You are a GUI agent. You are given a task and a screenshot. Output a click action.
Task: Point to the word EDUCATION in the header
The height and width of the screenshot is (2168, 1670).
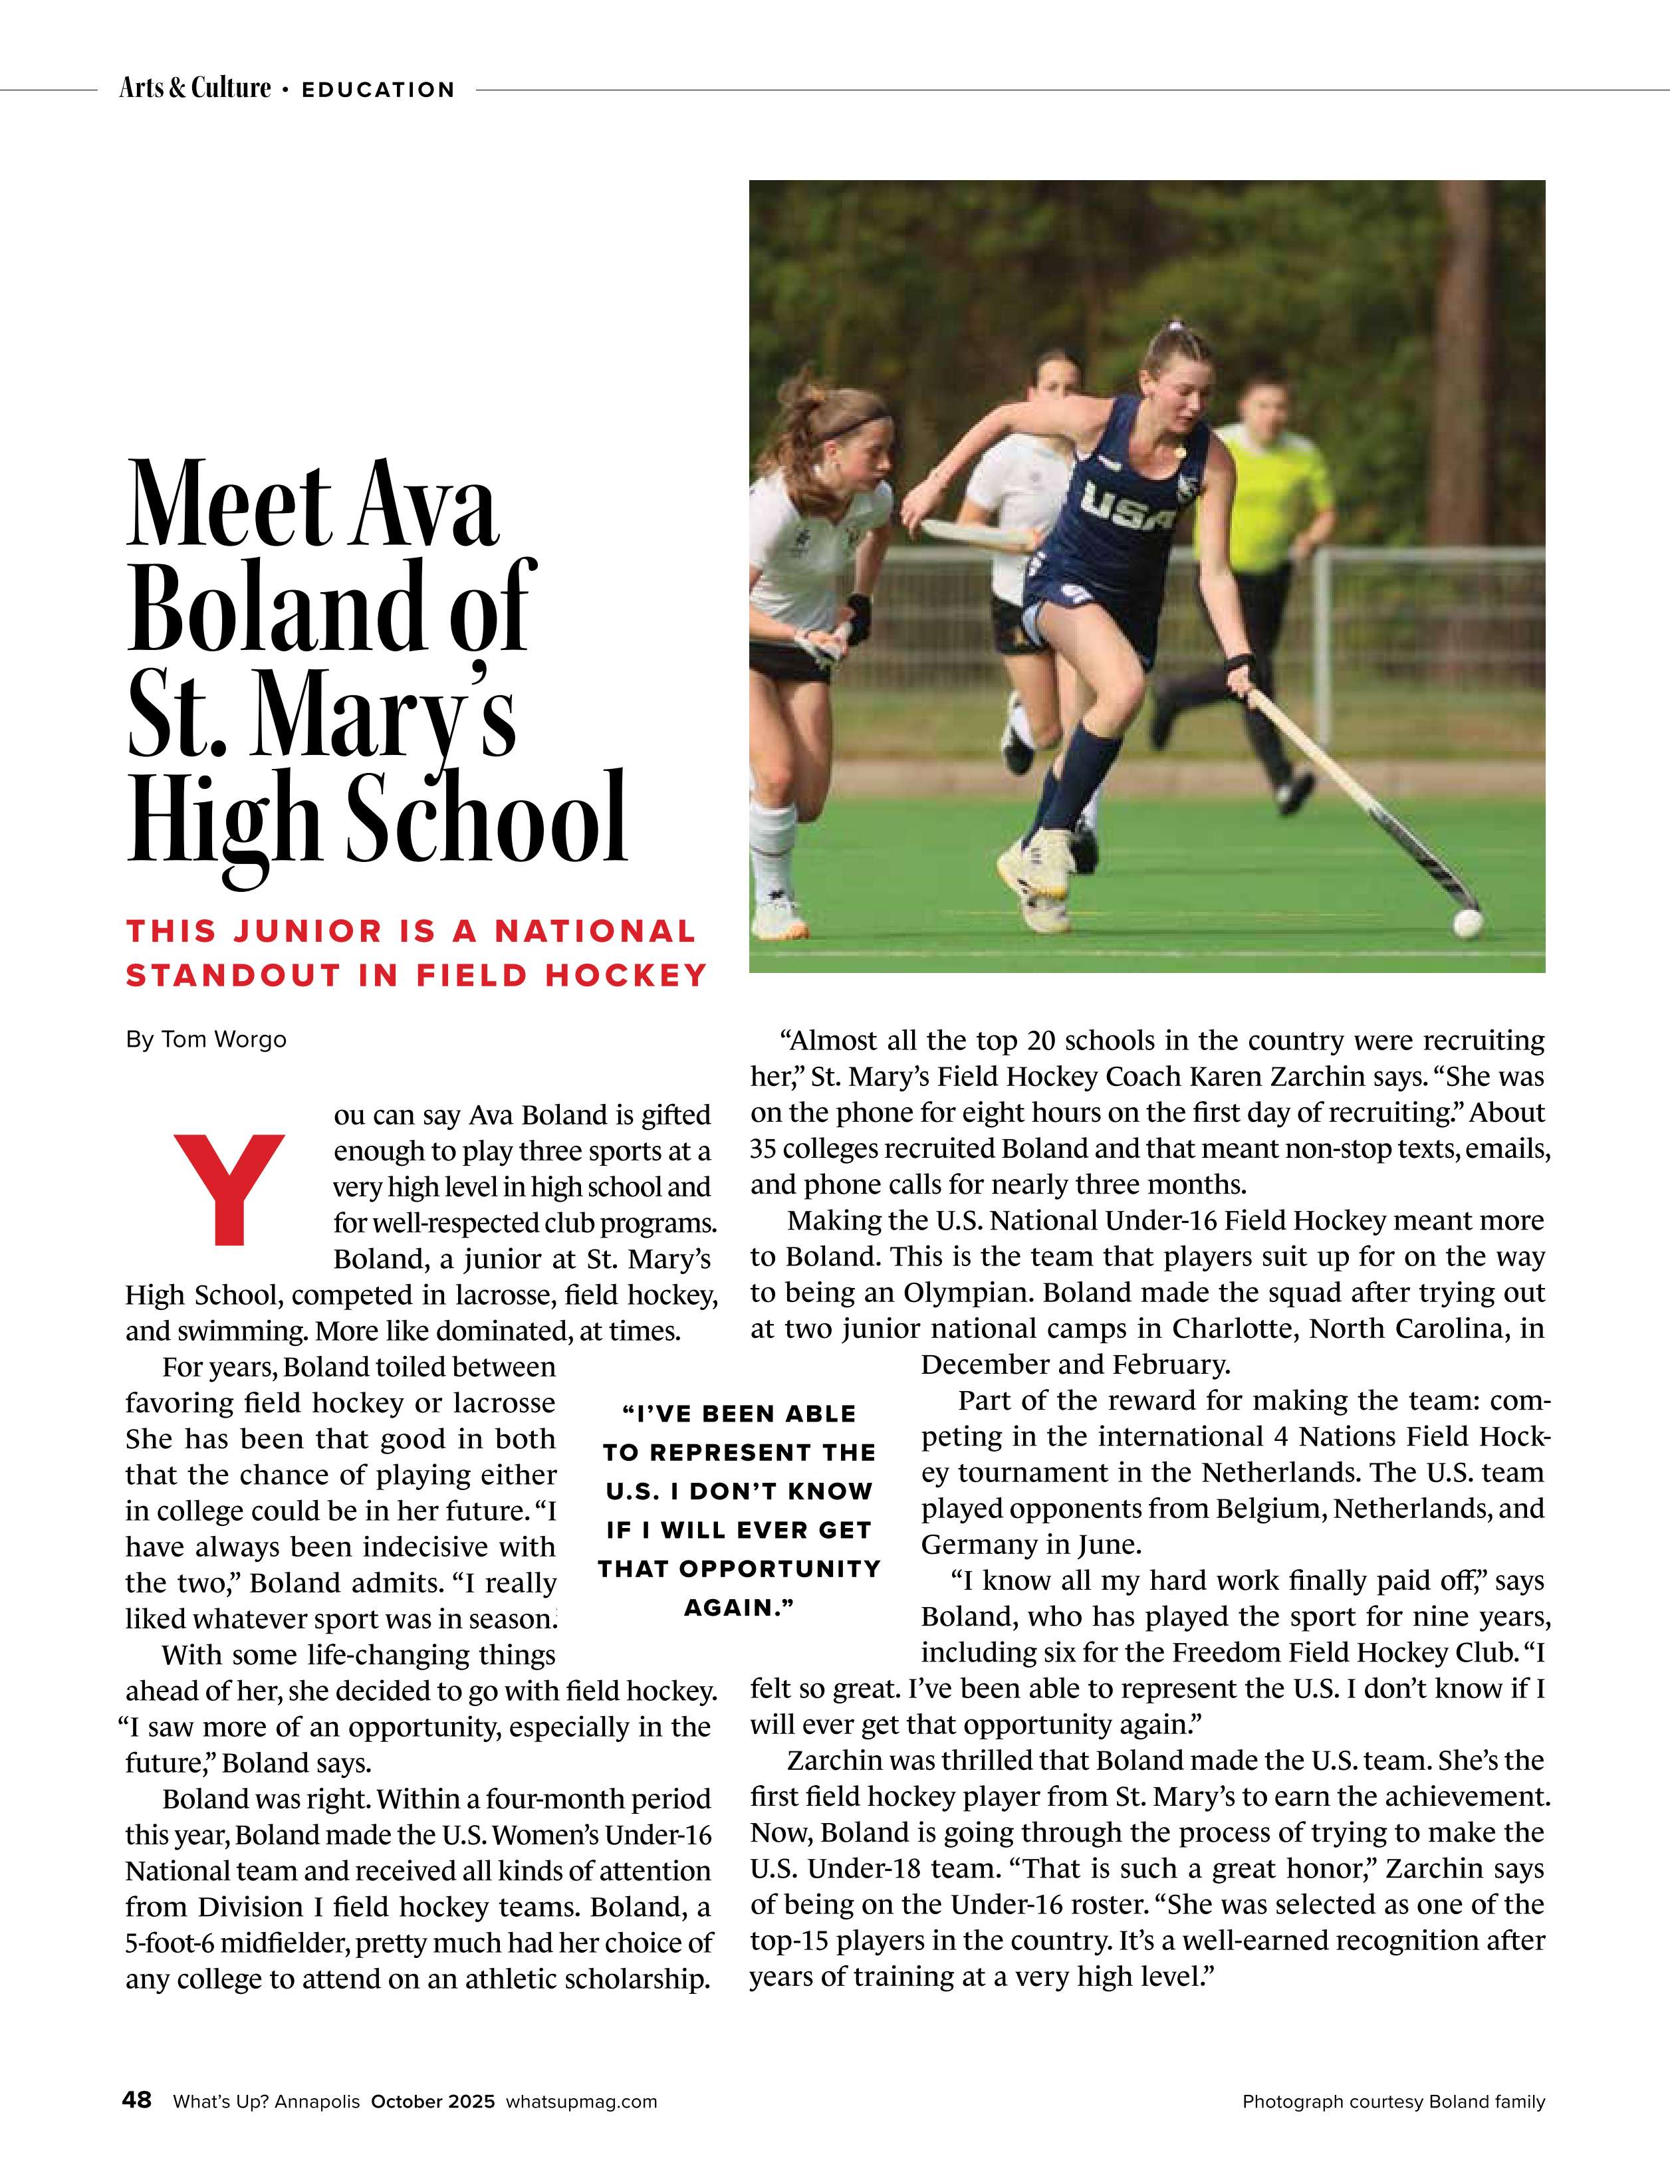coord(378,89)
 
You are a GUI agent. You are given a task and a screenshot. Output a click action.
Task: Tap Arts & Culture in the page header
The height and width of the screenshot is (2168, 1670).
coord(195,88)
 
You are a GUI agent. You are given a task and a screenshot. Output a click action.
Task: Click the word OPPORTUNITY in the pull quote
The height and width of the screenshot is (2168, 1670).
coord(779,1569)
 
